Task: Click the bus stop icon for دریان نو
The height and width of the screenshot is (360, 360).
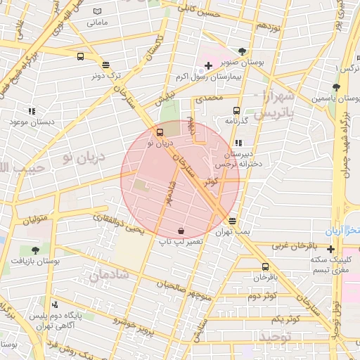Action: pyautogui.click(x=160, y=131)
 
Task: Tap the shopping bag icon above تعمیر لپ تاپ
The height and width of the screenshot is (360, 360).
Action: pyautogui.click(x=181, y=231)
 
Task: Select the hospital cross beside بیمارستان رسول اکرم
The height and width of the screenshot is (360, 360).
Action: pyautogui.click(x=209, y=66)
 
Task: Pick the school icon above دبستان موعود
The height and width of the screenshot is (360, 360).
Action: pyautogui.click(x=32, y=111)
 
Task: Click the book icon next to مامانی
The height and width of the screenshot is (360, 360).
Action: pyautogui.click(x=96, y=12)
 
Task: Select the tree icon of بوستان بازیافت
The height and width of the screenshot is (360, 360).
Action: pyautogui.click(x=35, y=250)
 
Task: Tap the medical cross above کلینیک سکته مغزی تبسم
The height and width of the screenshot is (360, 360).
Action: pyautogui.click(x=331, y=248)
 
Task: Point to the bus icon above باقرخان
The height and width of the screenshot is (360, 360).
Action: pyautogui.click(x=265, y=266)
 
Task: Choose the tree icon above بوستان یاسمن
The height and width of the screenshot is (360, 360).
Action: pyautogui.click(x=336, y=88)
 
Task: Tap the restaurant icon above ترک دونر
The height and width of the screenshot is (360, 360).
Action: pyautogui.click(x=105, y=64)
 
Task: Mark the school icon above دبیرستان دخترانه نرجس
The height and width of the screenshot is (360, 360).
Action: pyautogui.click(x=238, y=143)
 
